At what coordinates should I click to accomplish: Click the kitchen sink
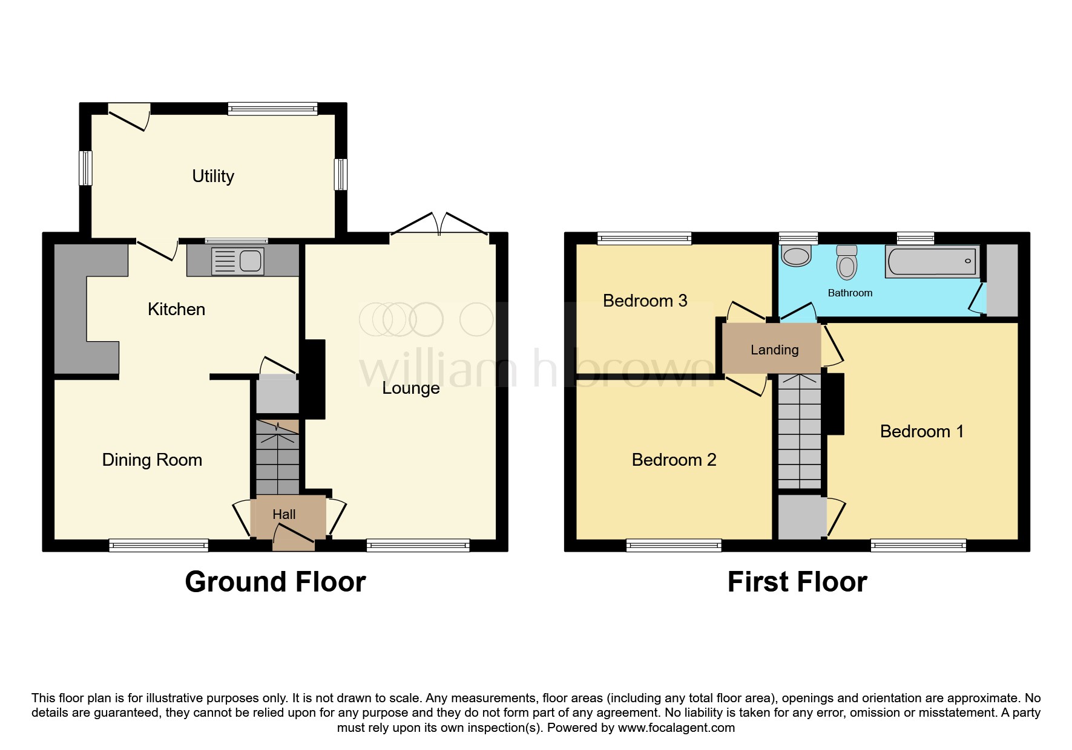[238, 261]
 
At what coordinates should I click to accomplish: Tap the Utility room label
[213, 176]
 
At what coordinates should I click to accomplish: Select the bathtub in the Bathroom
[932, 261]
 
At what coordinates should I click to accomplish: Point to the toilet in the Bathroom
[847, 262]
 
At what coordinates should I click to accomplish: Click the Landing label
[774, 350]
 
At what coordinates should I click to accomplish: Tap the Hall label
[284, 514]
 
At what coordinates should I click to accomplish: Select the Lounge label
[410, 388]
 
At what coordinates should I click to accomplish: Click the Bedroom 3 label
[645, 301]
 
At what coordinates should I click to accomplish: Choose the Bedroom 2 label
[674, 460]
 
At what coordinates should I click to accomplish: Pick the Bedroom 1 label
[921, 431]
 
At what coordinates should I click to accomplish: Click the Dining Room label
[152, 460]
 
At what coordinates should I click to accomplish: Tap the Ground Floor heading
[275, 582]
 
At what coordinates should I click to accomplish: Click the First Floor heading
[797, 582]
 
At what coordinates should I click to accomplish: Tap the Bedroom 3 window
[644, 238]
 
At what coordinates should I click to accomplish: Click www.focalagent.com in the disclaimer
[676, 728]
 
